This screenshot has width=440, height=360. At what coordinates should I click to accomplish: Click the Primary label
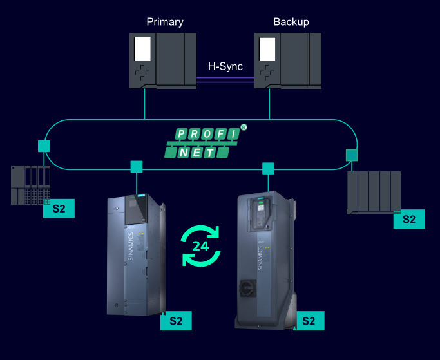pos(165,22)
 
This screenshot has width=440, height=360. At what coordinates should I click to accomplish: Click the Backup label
pos(291,22)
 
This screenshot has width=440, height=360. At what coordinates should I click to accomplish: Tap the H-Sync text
pos(225,66)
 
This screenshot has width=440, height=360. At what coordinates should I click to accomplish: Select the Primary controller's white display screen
pos(142,49)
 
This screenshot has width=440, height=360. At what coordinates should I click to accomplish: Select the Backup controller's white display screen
pos(267,49)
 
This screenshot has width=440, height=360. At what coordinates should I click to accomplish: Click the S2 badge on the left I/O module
pos(59,208)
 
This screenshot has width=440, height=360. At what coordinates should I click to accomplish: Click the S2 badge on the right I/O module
pos(409,219)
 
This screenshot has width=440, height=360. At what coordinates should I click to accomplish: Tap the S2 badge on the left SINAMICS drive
pos(176,321)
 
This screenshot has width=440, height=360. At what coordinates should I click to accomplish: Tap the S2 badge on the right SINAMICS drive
pos(309,321)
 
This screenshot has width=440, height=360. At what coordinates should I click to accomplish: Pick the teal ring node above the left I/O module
pos(44,146)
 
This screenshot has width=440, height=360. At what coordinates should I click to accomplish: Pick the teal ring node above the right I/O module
pos(351,155)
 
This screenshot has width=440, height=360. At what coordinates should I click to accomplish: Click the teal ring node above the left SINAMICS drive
pos(137,167)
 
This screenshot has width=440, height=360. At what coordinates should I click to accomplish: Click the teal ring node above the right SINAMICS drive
pos(268,169)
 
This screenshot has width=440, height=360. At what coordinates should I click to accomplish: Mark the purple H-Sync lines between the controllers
pos(225,79)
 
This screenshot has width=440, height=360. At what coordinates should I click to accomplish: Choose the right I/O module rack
pos(373,191)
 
